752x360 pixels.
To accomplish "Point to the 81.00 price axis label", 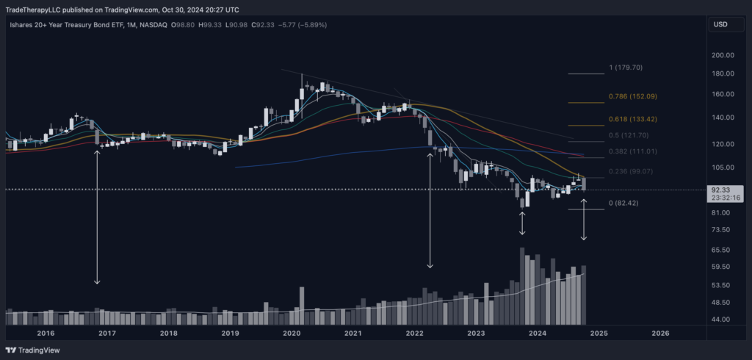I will [x=720, y=213].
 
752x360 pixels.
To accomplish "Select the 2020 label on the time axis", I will [x=292, y=333].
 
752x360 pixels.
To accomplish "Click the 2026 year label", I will [x=660, y=333].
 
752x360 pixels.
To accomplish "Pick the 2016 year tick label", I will [x=46, y=333].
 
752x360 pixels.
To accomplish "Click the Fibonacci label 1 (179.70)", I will [x=626, y=68].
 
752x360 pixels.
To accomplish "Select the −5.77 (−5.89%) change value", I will [x=301, y=25].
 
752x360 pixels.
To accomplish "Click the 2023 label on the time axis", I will [x=476, y=333].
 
